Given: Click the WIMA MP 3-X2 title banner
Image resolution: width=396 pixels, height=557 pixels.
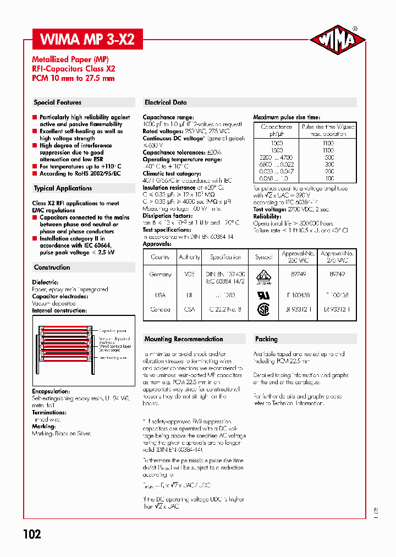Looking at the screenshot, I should pyautogui.click(x=87, y=40).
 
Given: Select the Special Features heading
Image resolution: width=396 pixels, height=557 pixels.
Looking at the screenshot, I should pyautogui.click(x=58, y=102).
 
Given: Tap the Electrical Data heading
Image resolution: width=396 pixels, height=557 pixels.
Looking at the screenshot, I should pyautogui.click(x=166, y=102).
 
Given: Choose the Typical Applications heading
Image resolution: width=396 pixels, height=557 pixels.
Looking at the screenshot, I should pyautogui.click(x=63, y=188).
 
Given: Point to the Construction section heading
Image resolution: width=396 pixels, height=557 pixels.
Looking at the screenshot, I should pyautogui.click(x=52, y=267).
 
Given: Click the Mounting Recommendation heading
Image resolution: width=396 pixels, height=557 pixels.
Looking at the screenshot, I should pyautogui.click(x=184, y=339).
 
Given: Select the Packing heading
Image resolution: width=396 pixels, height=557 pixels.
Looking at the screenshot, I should pyautogui.click(x=266, y=339).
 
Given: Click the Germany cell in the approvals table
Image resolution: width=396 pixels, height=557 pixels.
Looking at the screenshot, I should pyautogui.click(x=160, y=274).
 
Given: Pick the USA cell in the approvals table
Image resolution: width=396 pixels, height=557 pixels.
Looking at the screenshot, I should pyautogui.click(x=160, y=295).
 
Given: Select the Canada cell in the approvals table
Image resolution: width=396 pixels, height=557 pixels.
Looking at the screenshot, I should pyautogui.click(x=160, y=309).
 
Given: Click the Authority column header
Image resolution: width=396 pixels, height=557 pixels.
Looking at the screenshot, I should pyautogui.click(x=189, y=257).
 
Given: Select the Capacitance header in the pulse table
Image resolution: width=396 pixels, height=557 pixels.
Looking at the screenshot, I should pyautogui.click(x=277, y=130).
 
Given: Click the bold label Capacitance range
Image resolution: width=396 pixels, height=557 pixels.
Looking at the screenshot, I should pyautogui.click(x=168, y=117).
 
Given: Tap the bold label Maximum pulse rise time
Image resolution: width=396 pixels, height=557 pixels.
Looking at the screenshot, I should pyautogui.click(x=287, y=117).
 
